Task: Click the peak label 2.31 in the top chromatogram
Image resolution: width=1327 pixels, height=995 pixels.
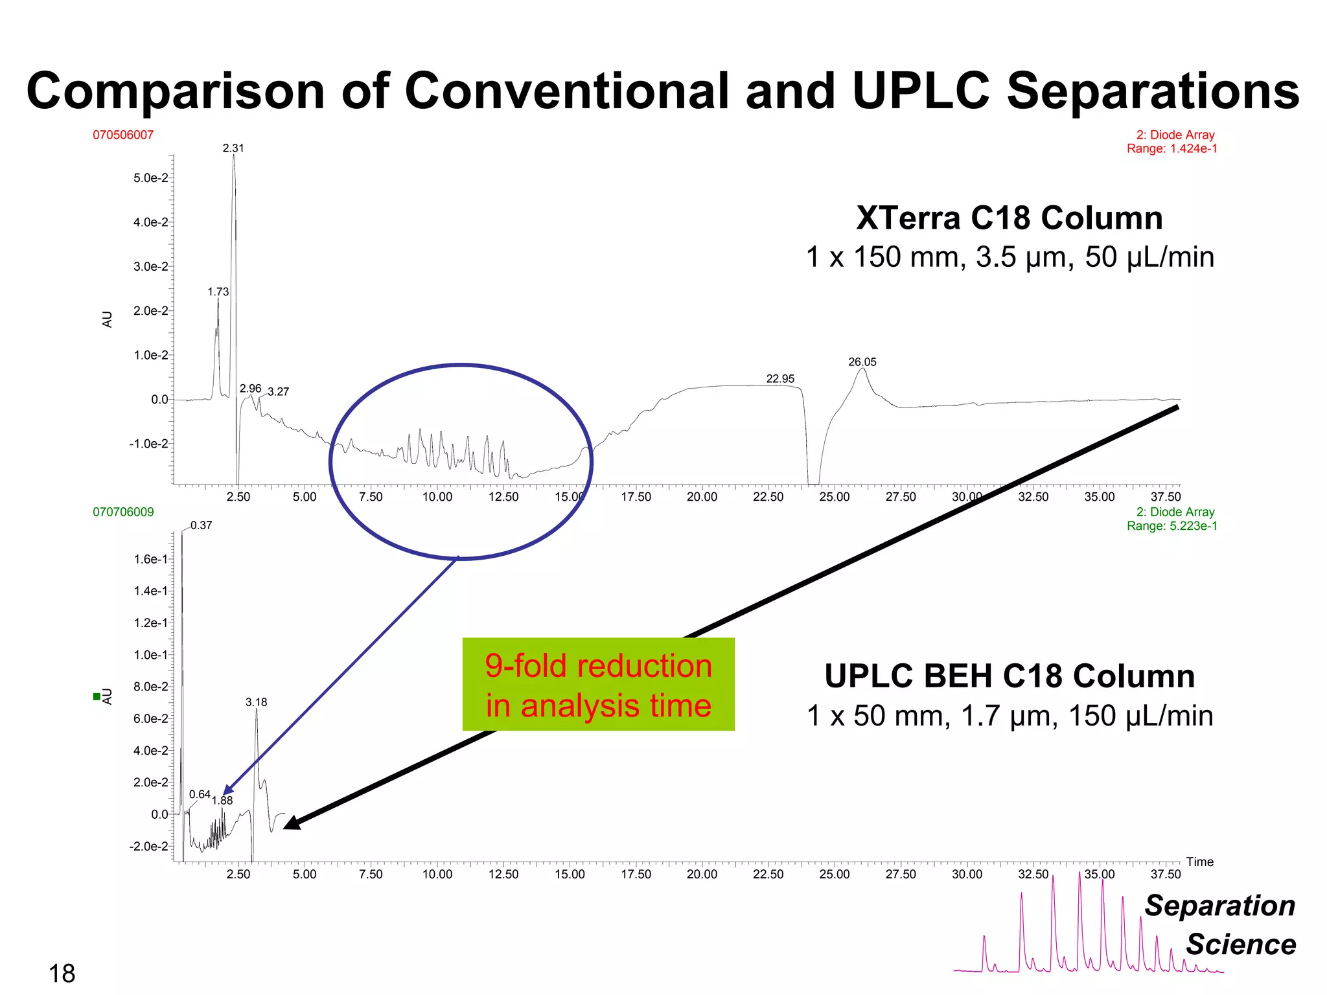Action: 233,148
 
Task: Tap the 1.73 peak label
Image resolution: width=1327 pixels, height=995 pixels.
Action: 218,292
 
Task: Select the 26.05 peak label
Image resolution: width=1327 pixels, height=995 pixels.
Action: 862,362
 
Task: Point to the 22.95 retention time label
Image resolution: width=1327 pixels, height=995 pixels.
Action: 780,379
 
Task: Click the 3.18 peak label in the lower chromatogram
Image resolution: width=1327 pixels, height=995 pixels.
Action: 256,702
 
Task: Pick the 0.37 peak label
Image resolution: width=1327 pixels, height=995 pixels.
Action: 201,525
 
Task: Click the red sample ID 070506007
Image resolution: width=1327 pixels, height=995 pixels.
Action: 123,135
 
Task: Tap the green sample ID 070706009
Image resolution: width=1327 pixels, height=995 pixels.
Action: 123,512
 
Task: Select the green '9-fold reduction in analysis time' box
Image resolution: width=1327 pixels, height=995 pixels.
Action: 598,685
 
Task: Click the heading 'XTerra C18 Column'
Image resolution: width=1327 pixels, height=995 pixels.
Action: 1009,218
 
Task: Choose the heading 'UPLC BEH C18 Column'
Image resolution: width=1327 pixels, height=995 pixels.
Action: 1009,676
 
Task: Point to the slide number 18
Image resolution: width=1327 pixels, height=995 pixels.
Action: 62,974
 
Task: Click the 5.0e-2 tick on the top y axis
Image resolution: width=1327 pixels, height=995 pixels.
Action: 150,178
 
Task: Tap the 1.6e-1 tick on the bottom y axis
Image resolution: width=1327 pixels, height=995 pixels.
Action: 150,559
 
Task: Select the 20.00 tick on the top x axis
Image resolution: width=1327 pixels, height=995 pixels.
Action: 702,497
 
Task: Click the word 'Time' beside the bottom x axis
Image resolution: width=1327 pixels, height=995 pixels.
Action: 1199,862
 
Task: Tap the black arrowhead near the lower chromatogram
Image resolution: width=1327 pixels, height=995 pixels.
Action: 292,823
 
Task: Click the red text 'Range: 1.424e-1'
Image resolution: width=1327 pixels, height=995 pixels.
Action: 1171,149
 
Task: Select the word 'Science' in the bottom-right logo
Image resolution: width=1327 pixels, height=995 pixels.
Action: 1240,944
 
